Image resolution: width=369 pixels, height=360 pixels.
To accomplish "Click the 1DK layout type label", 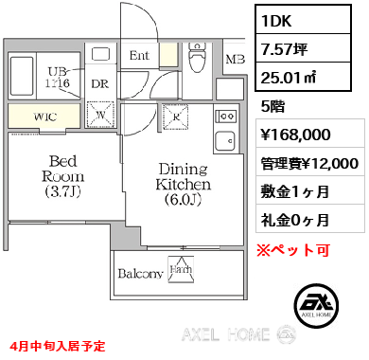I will tap(279, 19).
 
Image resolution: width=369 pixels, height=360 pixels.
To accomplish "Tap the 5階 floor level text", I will tap(271, 106).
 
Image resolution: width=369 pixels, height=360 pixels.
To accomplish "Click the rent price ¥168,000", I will tap(292, 134).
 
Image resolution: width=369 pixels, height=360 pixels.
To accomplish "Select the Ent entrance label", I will tap(139, 56).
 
